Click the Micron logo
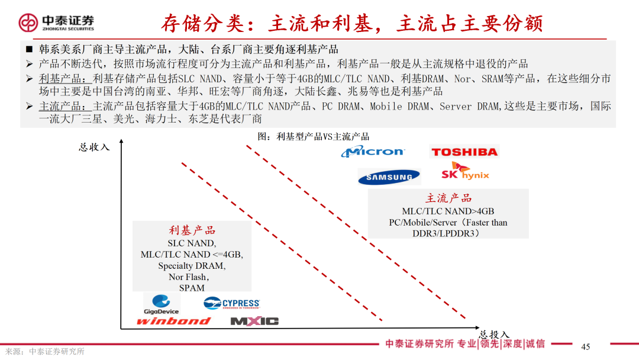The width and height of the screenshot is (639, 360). coord(373,152)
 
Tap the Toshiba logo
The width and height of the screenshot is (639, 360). coord(464,152)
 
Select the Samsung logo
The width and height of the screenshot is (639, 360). coord(389,177)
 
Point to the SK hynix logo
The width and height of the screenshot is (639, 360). coord(466,172)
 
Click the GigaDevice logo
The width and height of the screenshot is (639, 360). coord(161,304)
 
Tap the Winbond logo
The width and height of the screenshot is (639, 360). coord(173,321)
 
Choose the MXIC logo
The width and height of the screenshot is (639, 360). coord(254,321)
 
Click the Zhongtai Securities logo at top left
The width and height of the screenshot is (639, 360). coord(56,22)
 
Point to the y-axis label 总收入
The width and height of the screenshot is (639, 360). coord(94,147)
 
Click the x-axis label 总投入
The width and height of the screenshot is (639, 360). coord(493,335)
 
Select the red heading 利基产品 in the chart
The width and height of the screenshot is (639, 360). coord(192,230)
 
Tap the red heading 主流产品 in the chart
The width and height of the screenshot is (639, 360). coord(448,198)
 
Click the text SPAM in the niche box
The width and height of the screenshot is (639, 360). coord(192,288)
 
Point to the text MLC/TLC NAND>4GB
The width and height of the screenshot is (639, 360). coord(448,211)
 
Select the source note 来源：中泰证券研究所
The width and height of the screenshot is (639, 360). coord(45,351)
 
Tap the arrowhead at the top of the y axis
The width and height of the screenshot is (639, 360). coord(121,142)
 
